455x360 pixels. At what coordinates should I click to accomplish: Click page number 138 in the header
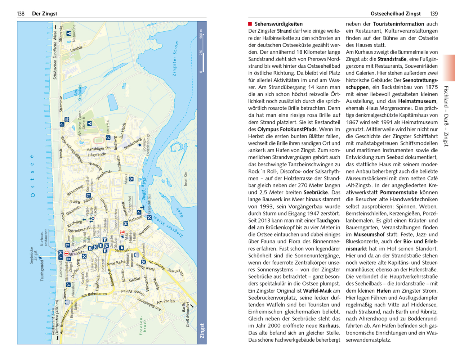click(x=21, y=14)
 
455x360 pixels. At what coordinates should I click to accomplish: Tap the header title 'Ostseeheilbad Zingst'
click(x=396, y=14)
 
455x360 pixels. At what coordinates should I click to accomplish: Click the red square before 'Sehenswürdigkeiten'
click(x=250, y=24)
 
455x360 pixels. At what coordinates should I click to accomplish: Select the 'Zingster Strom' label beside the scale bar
click(x=175, y=58)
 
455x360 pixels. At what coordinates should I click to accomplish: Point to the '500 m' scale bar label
click(x=201, y=34)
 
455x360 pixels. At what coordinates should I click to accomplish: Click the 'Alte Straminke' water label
click(x=78, y=93)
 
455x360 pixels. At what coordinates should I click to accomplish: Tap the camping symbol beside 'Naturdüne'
click(x=68, y=33)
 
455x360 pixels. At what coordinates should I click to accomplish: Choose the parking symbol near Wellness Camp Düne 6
click(x=62, y=125)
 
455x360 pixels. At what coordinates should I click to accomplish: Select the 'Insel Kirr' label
click(x=186, y=179)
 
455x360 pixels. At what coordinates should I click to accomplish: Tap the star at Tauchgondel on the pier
click(x=40, y=257)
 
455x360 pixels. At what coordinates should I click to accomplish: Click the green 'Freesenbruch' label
click(x=143, y=326)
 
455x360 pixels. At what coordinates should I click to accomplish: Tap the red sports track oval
click(x=98, y=139)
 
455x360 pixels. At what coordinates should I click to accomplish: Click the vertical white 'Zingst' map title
click(x=202, y=330)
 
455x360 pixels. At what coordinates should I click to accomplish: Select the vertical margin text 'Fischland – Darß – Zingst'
click(x=446, y=116)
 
